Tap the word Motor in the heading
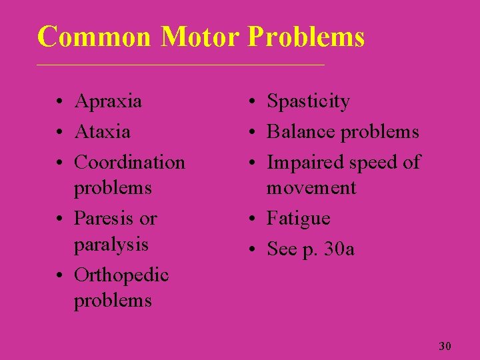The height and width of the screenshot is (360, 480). tap(200, 37)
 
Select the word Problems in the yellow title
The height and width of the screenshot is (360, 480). tap(306, 37)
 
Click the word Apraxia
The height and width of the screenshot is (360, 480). tap(108, 101)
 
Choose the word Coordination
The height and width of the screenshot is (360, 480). tap(129, 162)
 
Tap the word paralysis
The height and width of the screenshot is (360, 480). tap(111, 245)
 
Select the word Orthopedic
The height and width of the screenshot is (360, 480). tap(121, 275)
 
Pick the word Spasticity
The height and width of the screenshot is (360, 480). tap(308, 101)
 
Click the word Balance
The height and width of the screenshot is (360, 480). tap(299, 131)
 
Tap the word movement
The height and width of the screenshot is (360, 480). tap(311, 188)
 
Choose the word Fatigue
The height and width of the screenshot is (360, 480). tap(298, 218)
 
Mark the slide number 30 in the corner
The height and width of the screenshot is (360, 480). tap(445, 346)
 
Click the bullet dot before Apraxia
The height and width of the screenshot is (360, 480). tap(60, 103)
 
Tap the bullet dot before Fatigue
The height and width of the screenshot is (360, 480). tap(253, 219)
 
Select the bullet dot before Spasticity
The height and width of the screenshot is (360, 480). tap(253, 103)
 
